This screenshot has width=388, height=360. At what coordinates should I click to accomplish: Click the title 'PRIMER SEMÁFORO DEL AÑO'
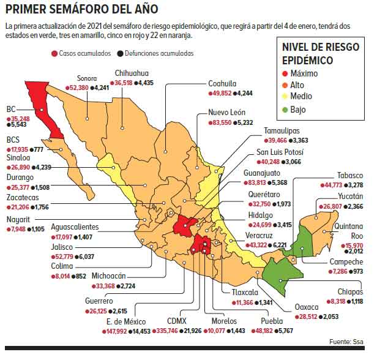(x=81, y=9)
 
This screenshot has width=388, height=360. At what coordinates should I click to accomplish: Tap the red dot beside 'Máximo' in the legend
(x=286, y=73)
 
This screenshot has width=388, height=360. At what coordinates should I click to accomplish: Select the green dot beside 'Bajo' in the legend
(x=286, y=110)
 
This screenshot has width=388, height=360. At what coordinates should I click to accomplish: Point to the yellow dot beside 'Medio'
(x=286, y=97)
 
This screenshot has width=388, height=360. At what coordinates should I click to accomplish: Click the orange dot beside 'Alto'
(x=286, y=86)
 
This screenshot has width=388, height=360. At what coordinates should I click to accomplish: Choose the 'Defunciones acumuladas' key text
(x=159, y=53)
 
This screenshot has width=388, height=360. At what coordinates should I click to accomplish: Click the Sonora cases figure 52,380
(x=79, y=88)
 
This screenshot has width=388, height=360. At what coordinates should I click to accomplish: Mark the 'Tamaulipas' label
(x=282, y=131)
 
